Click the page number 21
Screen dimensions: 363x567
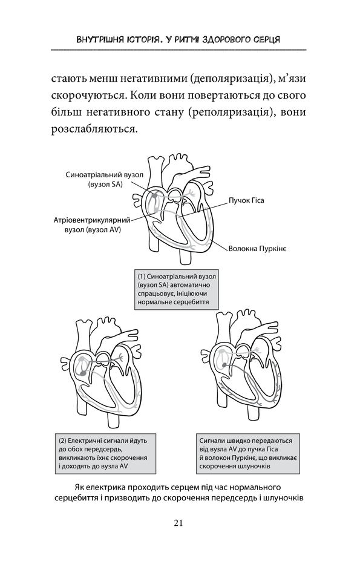tap(178, 523)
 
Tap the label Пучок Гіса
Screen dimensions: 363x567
tap(246, 200)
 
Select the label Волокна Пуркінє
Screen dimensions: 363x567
tap(257, 249)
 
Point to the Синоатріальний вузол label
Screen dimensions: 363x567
tap(105, 179)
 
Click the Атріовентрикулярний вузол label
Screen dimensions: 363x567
tap(92, 225)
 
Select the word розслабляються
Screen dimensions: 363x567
tap(95, 129)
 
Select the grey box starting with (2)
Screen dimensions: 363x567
tap(105, 453)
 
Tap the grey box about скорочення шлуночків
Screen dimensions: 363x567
tap(248, 453)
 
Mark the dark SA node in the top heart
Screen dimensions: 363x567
tap(155, 195)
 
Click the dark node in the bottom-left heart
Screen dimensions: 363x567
tap(83, 372)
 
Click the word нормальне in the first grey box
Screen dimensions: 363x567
tap(153, 301)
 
